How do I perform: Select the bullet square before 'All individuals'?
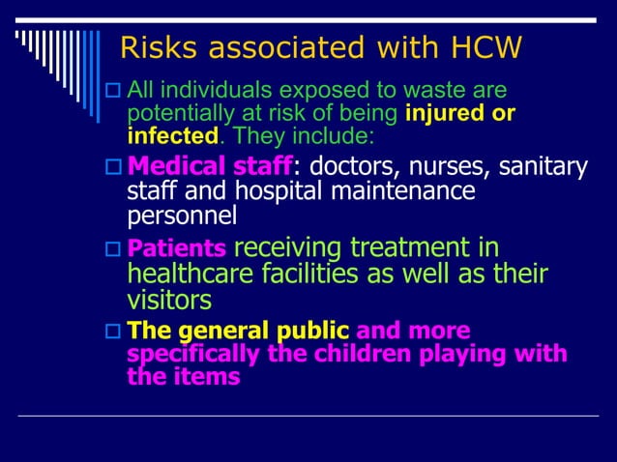click(x=112, y=92)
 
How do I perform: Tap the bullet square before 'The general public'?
click(x=112, y=330)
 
